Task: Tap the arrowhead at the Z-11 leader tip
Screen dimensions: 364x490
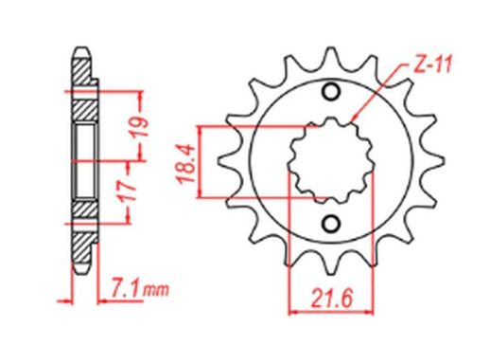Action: click(x=352, y=120)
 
